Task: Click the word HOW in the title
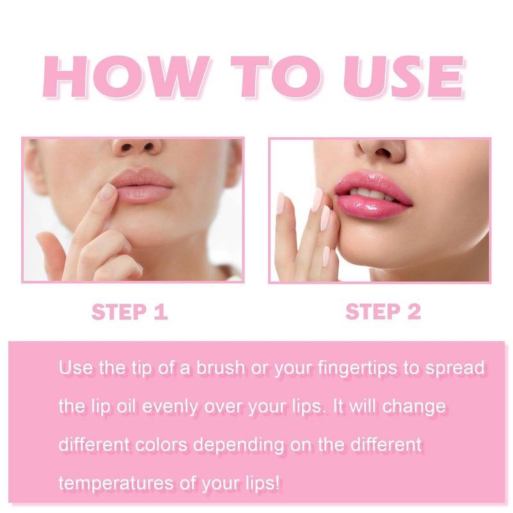tap(126, 77)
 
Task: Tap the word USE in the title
tap(404, 77)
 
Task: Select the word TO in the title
tap(276, 77)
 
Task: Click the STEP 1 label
tap(130, 312)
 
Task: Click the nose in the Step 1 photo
tap(137, 148)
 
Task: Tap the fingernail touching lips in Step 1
tap(107, 192)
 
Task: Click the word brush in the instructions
tap(221, 367)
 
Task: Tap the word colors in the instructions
tap(161, 445)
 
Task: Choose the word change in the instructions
tap(414, 407)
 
